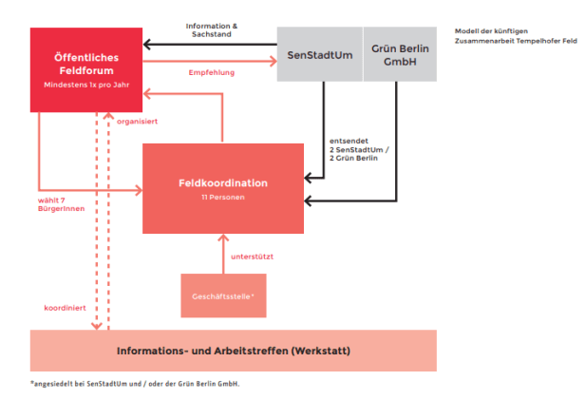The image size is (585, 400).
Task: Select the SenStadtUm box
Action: click(x=319, y=53)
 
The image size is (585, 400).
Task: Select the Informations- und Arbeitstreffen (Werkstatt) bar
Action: click(x=234, y=351)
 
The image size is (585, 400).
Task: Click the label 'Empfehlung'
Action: click(x=211, y=71)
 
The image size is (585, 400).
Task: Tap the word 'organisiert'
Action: click(x=138, y=122)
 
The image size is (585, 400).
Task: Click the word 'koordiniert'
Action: click(x=64, y=308)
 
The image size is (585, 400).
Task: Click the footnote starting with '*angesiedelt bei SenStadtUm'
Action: click(x=134, y=384)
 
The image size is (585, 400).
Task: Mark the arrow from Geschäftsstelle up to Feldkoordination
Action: click(x=223, y=253)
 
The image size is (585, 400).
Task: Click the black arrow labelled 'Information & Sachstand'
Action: click(x=209, y=44)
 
